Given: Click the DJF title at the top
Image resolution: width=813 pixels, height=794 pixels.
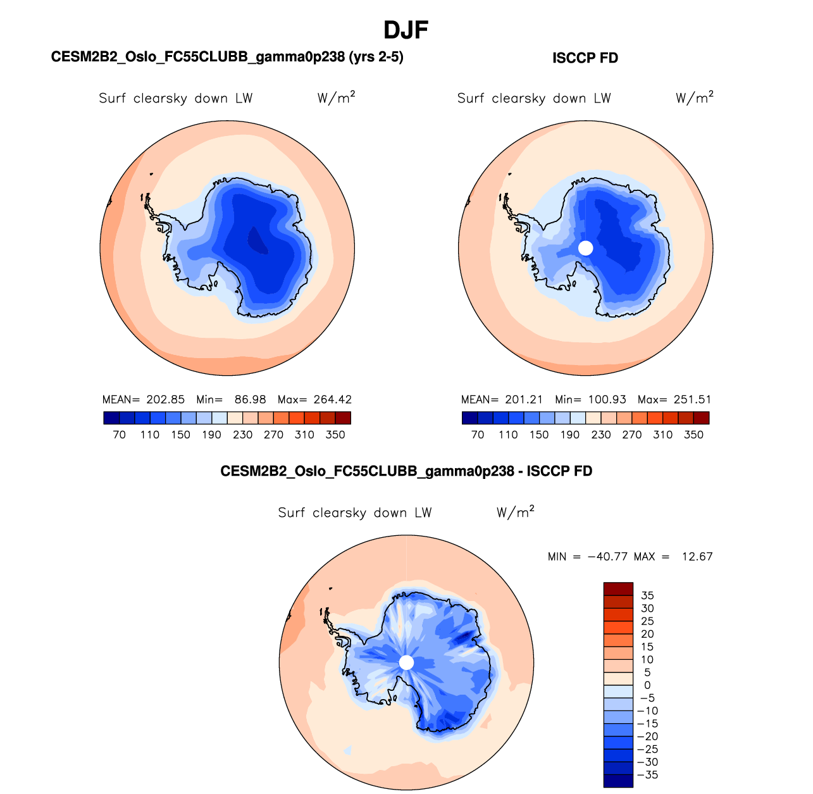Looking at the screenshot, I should tap(406, 30).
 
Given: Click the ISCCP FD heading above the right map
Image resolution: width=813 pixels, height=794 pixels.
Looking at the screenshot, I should tap(585, 58).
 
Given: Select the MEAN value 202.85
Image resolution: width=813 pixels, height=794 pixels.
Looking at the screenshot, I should tap(165, 400).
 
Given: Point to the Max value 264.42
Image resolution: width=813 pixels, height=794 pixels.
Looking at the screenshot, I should tap(332, 400).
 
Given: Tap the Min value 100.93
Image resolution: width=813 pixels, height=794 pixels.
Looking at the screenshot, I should tap(607, 400).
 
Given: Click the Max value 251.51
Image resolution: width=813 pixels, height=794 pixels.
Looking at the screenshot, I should tap(692, 400).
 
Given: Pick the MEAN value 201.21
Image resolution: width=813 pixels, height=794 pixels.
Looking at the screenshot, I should tap(524, 400).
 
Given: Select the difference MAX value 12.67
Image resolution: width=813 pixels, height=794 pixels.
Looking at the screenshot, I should tap(697, 557).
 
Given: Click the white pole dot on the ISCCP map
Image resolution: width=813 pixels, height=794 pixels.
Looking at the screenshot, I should tap(586, 248).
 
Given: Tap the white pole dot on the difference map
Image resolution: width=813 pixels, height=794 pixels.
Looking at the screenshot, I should tap(407, 662).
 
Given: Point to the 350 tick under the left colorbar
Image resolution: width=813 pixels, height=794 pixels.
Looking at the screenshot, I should tap(335, 435).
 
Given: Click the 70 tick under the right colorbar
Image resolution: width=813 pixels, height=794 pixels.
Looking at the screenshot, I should tap(478, 435).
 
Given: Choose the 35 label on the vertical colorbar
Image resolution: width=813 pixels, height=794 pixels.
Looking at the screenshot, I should tap(647, 595).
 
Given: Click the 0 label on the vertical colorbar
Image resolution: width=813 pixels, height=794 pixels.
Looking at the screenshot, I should tap(647, 685).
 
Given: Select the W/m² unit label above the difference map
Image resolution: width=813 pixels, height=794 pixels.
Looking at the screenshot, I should tap(515, 512).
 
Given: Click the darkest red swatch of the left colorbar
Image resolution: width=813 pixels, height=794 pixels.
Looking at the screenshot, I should tap(343, 418).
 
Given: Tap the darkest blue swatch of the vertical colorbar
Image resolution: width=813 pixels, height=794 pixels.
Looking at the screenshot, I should tap(618, 781).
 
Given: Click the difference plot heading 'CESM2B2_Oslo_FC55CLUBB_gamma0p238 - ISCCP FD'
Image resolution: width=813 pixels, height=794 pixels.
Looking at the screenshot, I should tap(406, 471).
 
